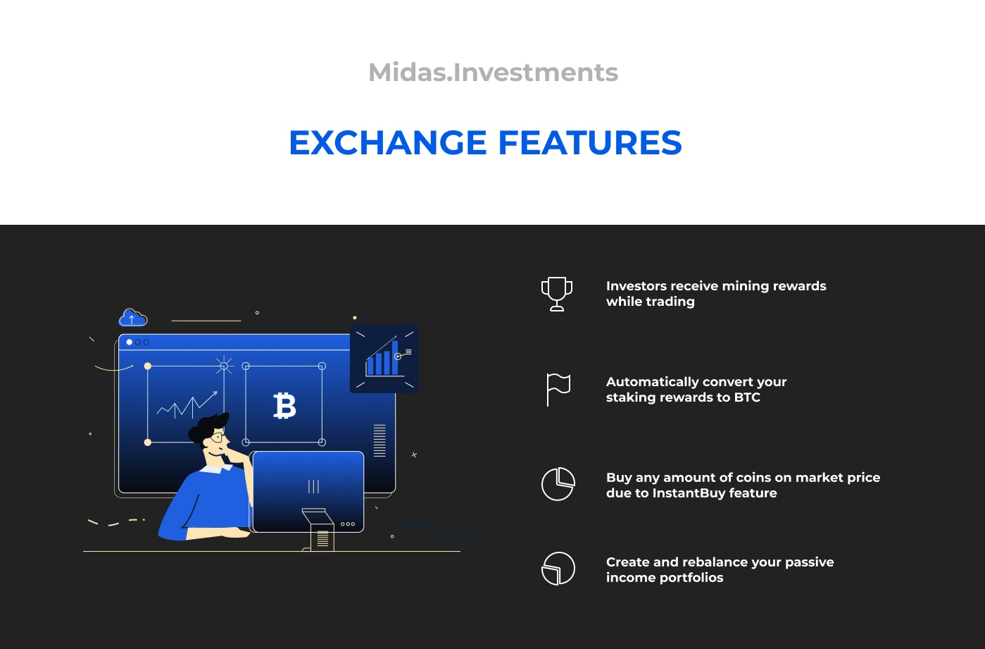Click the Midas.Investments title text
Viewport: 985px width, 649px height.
click(x=493, y=72)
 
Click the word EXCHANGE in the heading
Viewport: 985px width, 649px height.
click(x=388, y=143)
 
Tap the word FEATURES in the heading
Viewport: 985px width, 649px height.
click(x=590, y=143)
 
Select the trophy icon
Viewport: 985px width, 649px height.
click(x=557, y=294)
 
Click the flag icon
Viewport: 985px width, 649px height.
click(x=558, y=390)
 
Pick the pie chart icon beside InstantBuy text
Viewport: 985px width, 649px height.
click(x=558, y=484)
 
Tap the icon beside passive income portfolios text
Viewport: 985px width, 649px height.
click(x=558, y=569)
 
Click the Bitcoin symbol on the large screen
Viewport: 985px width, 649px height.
click(x=284, y=406)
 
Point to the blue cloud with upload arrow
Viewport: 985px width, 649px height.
click(x=133, y=318)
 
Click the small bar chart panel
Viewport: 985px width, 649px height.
click(x=384, y=359)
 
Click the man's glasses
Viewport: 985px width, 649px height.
click(x=218, y=438)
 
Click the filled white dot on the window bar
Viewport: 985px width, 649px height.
click(x=130, y=342)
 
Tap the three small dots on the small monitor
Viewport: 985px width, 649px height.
click(x=347, y=524)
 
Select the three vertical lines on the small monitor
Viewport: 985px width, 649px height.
click(x=313, y=487)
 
